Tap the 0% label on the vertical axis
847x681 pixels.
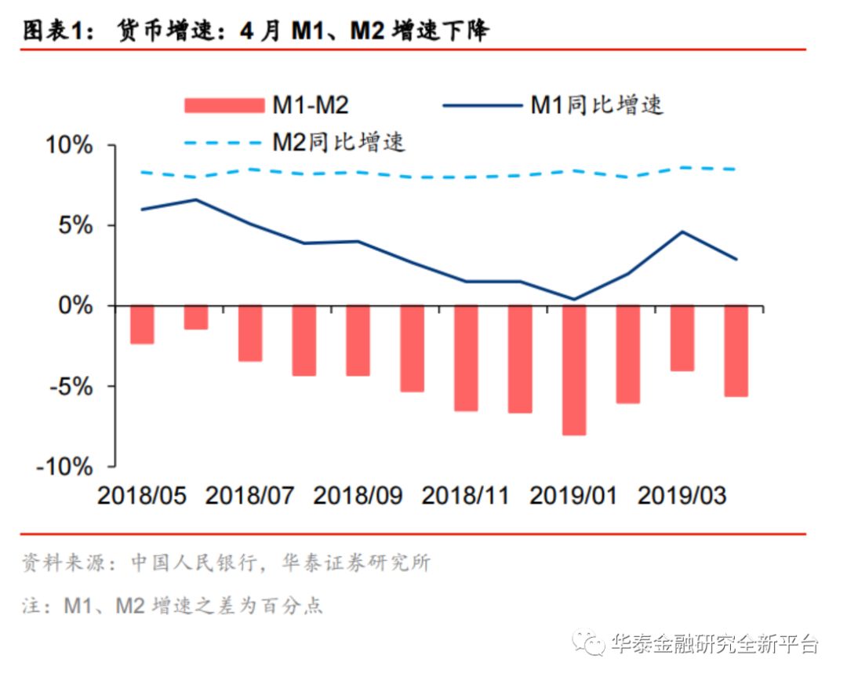coord(77,306)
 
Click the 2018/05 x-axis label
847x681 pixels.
coord(142,496)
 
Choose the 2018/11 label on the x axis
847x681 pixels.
coord(465,496)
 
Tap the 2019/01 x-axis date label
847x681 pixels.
coord(573,496)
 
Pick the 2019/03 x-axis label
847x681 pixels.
coord(682,496)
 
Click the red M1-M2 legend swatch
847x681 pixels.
coord(224,104)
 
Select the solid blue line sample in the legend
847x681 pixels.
coord(482,104)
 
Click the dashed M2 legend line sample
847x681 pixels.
coord(224,143)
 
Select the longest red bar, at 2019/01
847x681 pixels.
coord(574,370)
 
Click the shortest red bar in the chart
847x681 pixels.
coord(196,317)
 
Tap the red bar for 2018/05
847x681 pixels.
coord(142,325)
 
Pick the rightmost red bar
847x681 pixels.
coord(736,351)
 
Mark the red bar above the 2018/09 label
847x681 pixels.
coord(358,340)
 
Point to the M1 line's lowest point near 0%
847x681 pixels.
coord(574,299)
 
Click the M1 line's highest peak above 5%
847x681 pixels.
coord(196,199)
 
